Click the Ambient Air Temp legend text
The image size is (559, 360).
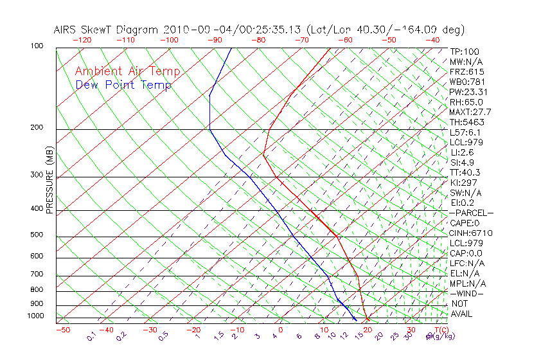click(x=127, y=71)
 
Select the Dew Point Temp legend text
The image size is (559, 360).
click(x=123, y=85)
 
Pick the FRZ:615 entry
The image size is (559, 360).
click(x=466, y=71)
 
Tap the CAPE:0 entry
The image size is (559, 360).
click(x=464, y=222)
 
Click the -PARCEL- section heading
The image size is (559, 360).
click(x=471, y=213)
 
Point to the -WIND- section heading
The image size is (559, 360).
click(x=466, y=293)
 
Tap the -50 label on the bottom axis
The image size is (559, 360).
click(x=62, y=330)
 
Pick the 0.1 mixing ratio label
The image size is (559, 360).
click(x=92, y=337)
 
